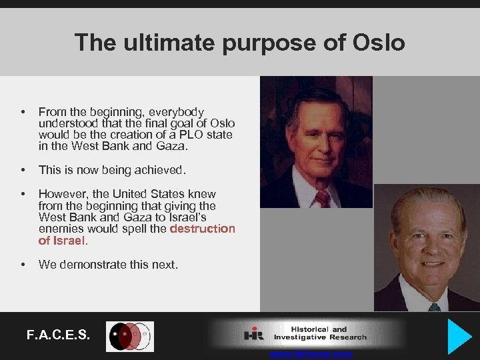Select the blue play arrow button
(459, 336)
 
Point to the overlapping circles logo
(130, 336)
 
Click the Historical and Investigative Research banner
(307, 333)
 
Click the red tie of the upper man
(323, 198)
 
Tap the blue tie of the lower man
(434, 307)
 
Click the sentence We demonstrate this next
(108, 265)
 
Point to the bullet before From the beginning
(23, 112)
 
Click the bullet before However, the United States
(23, 195)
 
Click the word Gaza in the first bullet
(176, 146)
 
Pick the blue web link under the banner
(311, 355)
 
